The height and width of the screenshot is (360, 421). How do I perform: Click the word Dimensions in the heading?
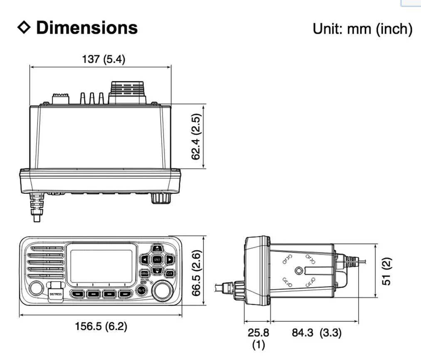tap(87, 28)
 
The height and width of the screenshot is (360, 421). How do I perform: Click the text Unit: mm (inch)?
tap(362, 29)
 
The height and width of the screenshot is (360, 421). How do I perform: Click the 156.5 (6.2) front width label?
tap(101, 326)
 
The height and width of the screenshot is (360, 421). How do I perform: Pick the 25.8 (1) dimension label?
tap(258, 338)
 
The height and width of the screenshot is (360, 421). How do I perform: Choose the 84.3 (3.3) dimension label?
tap(316, 333)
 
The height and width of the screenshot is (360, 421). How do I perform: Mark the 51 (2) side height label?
tap(386, 271)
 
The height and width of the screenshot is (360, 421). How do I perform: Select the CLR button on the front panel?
tap(169, 274)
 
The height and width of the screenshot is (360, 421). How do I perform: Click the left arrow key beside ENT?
tap(144, 260)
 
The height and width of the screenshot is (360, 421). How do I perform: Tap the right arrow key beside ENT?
tap(170, 260)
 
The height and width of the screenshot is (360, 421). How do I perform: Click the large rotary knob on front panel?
tap(162, 290)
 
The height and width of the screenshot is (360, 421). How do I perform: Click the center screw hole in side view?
tap(299, 271)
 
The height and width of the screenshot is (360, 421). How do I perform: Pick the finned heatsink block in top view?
tap(127, 92)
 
